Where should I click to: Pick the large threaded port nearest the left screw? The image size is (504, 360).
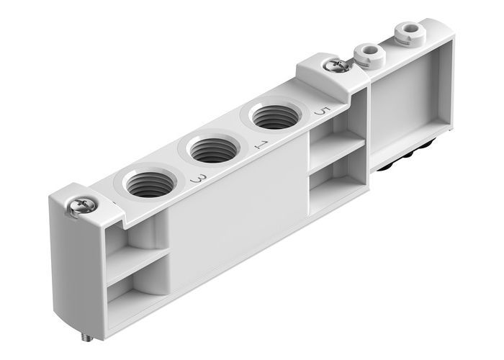(149, 184)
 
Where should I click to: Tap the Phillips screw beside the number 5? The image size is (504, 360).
(336, 66)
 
